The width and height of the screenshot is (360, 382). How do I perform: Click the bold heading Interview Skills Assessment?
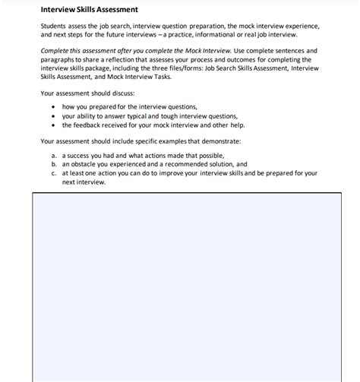pos(89,10)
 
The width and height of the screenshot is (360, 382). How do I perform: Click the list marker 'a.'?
pos(55,155)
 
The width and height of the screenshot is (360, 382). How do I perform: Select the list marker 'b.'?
pos(55,163)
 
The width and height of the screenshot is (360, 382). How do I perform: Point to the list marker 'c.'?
pos(55,172)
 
